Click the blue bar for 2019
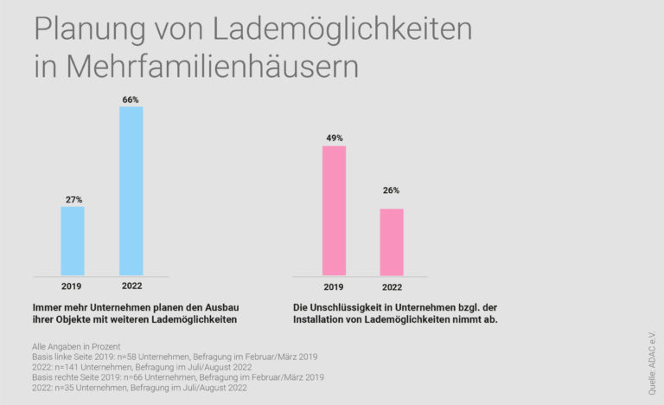73,241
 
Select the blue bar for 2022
131,190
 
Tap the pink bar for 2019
334,210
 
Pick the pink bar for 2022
392,241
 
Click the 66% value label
131,100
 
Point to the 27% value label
73,199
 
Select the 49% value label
334,138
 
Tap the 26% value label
392,190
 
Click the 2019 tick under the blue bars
73,287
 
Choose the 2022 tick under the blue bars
131,287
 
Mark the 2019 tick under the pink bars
334,287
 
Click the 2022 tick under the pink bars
392,287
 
